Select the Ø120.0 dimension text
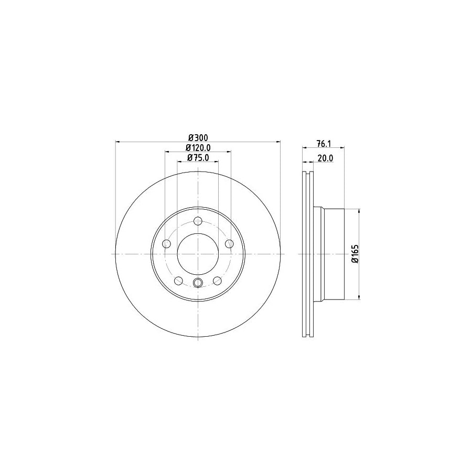point(198,147)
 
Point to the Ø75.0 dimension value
point(198,157)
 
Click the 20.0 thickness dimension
point(326,157)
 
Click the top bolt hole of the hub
point(198,221)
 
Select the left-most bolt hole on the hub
point(167,244)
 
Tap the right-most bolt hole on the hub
point(229,244)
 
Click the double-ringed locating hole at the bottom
point(198,284)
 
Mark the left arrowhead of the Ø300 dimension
point(117,141)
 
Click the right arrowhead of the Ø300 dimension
point(278,141)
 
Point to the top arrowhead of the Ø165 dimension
point(359,211)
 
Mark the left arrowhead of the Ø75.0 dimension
point(179,162)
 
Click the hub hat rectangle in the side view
point(332,254)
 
